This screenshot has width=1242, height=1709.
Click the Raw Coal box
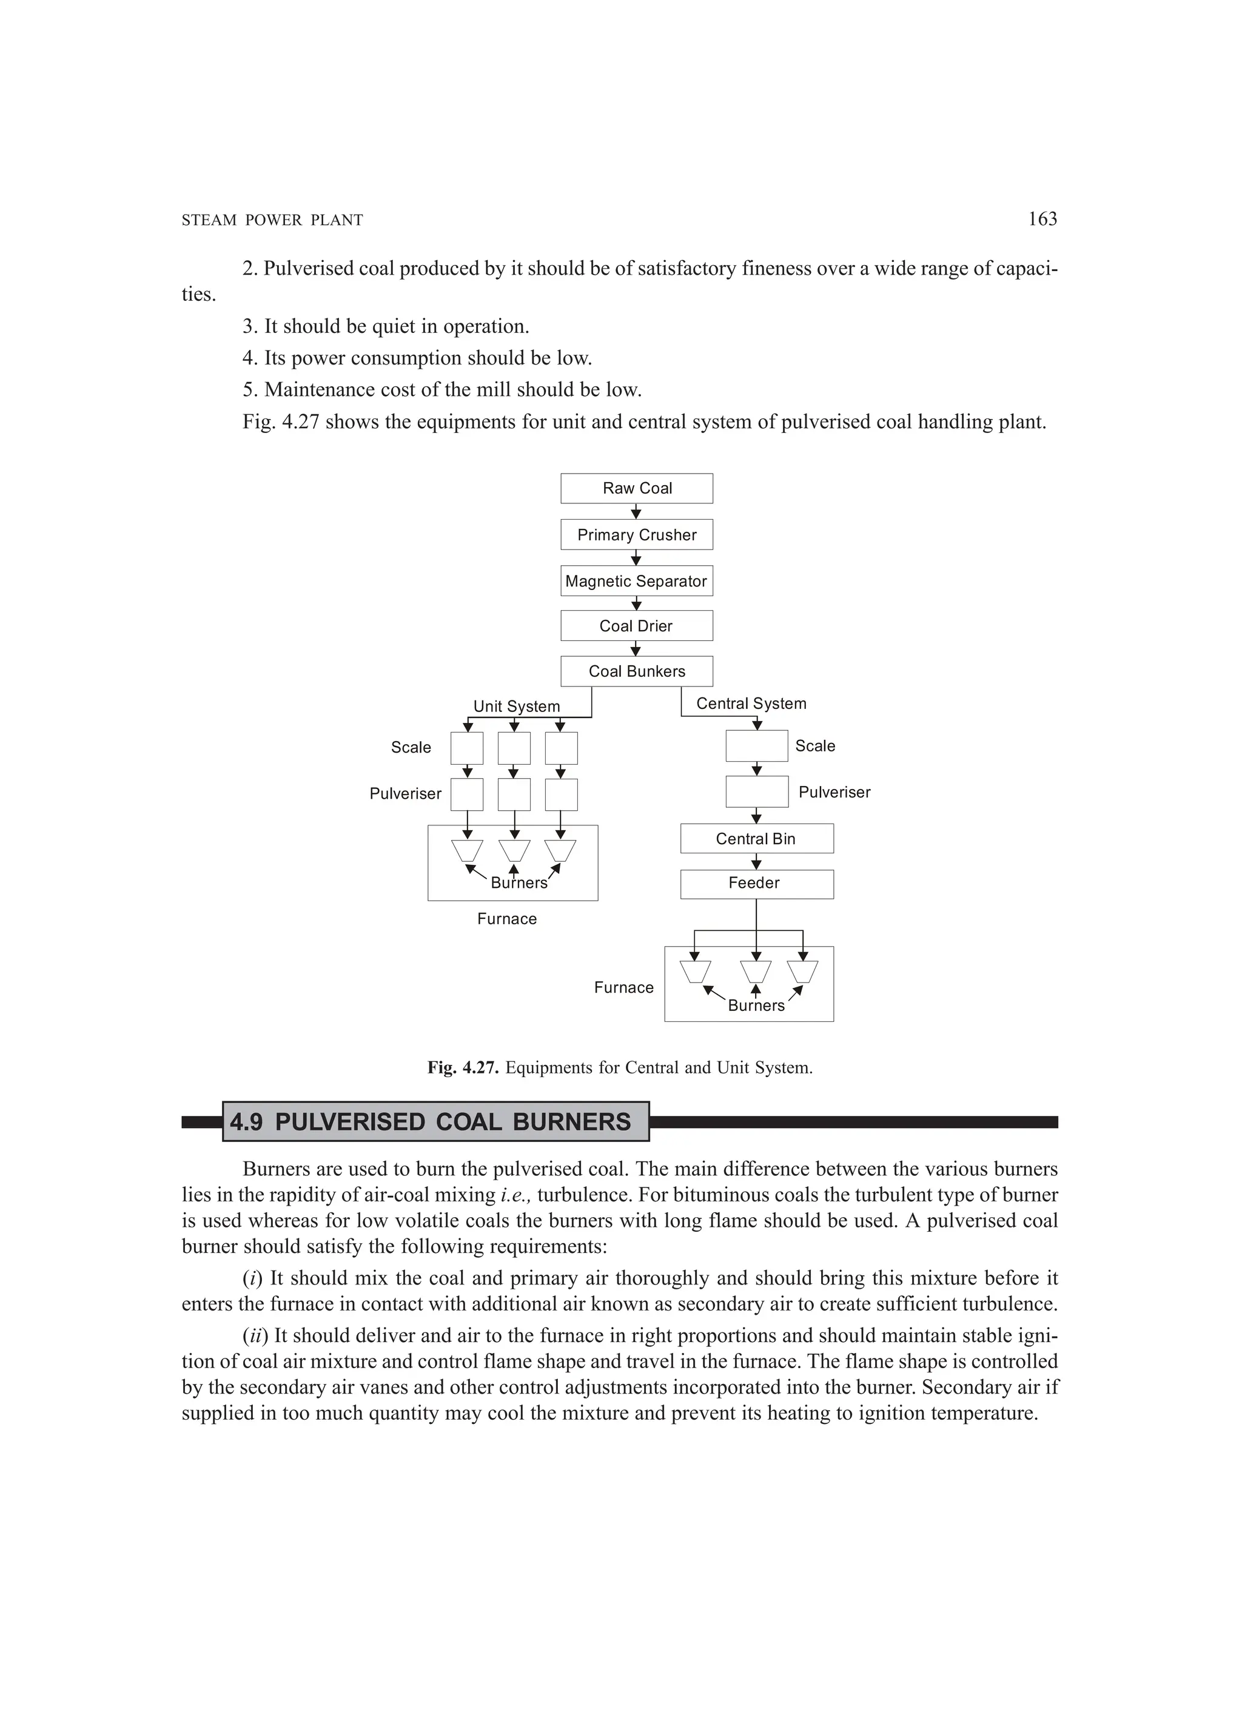click(636, 488)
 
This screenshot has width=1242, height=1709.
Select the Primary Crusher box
click(636, 535)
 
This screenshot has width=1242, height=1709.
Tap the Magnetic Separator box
click(636, 581)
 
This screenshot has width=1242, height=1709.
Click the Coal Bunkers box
click(636, 671)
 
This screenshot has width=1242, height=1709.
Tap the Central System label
click(751, 703)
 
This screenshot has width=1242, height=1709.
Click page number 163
click(1042, 220)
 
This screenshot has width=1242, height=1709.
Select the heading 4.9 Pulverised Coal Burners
click(431, 1122)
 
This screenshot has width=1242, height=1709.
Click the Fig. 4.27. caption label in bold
click(463, 1068)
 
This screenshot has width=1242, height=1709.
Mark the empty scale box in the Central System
click(757, 746)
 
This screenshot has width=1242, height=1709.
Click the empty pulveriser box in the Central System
click(757, 792)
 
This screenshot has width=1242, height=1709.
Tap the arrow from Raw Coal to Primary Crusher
click(636, 512)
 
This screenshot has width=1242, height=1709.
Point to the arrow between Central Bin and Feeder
click(757, 861)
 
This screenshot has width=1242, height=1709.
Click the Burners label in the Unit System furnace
click(519, 883)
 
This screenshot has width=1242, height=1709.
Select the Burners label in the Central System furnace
click(756, 1006)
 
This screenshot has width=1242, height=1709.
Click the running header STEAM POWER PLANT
click(272, 221)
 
